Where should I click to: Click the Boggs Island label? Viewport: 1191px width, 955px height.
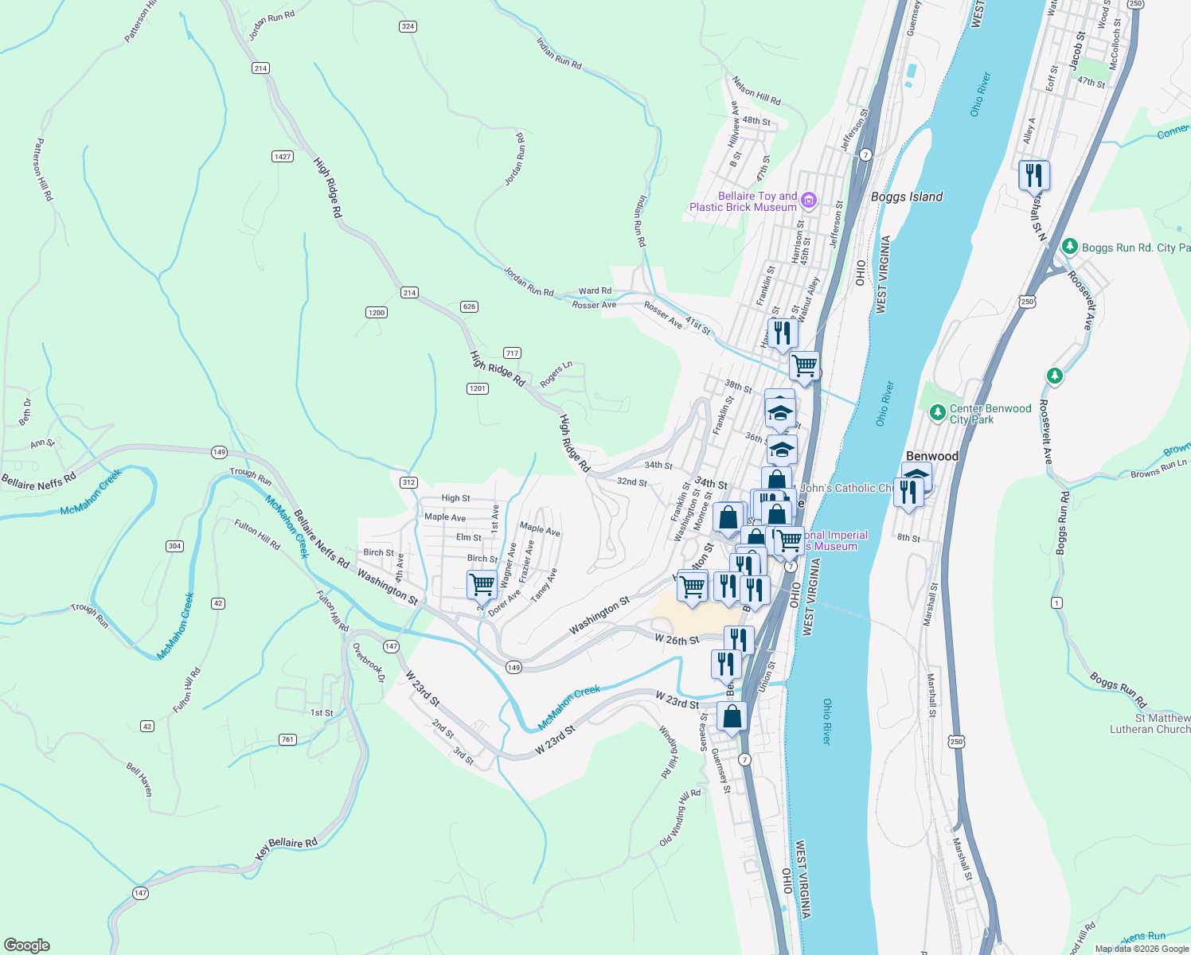[906, 197]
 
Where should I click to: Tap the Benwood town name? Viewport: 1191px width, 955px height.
[932, 456]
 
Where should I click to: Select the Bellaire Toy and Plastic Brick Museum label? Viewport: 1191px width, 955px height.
[743, 201]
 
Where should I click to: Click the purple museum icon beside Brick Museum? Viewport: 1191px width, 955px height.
[809, 200]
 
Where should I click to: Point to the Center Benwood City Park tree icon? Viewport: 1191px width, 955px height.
[937, 413]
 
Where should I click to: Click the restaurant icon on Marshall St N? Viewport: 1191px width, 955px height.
[1034, 175]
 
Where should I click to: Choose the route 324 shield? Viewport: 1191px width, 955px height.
[408, 26]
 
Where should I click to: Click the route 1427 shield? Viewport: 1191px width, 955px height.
[283, 156]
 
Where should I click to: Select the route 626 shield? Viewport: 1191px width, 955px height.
[469, 306]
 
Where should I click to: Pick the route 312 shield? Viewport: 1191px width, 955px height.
[408, 482]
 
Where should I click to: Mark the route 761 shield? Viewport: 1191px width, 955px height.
[287, 739]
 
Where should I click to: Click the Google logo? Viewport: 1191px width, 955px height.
[27, 945]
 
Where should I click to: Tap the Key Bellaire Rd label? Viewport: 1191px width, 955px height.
[286, 848]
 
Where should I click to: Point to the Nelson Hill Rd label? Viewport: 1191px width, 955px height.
[756, 92]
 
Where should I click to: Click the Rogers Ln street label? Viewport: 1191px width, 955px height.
[556, 375]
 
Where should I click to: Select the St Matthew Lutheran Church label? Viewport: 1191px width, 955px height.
[1151, 723]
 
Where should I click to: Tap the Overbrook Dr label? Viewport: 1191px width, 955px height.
[369, 662]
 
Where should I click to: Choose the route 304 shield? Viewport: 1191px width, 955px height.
[174, 546]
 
